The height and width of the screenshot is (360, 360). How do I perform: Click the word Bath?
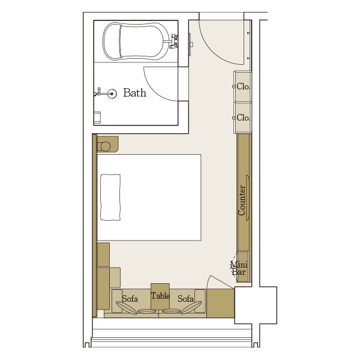coord(134,93)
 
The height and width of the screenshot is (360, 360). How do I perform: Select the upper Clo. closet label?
coord(243,86)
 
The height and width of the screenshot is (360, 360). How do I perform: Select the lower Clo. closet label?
coord(243,118)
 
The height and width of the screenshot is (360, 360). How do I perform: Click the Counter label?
coord(242,200)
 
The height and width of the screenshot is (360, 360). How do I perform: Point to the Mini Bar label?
coord(239,268)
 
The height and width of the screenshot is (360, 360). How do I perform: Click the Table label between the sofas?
coord(160,296)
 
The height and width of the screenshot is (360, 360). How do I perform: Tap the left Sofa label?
coord(130,299)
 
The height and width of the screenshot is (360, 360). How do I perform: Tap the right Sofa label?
coord(185,299)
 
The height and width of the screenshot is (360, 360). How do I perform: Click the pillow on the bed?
coord(110,197)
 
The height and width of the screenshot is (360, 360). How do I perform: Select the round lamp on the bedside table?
coord(105,146)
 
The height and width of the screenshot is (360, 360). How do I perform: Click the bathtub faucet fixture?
coord(173,41)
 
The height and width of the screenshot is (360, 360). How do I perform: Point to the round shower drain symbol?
coord(112,94)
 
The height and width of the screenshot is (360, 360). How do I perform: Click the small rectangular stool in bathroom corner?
coord(97,118)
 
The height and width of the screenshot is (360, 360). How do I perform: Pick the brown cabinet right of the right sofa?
coord(221,303)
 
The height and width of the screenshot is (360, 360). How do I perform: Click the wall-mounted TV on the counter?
coord(247,197)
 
